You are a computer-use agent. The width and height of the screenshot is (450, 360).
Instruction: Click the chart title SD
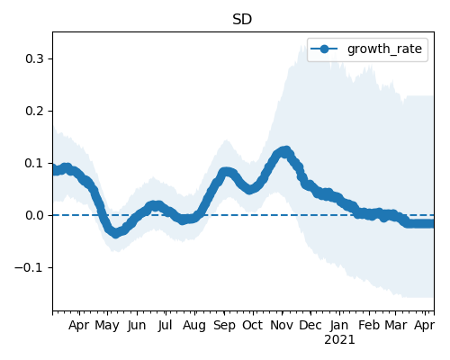[x=242, y=20]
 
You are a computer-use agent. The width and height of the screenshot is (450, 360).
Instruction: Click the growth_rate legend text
[x=384, y=49]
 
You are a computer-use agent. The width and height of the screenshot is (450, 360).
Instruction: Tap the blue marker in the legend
[x=324, y=49]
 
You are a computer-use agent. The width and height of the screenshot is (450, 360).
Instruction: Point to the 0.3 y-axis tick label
[x=34, y=58]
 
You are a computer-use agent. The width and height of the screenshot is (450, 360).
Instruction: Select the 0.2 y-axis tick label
[x=34, y=111]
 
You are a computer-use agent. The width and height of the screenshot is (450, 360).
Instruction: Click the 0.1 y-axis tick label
[x=34, y=163]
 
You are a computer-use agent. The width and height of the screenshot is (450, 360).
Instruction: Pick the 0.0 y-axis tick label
[x=34, y=215]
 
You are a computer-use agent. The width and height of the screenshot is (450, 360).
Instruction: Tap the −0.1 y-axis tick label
[x=29, y=267]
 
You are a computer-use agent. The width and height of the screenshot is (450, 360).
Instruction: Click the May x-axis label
[x=107, y=326]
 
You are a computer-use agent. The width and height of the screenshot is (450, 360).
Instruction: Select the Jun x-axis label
[x=137, y=326]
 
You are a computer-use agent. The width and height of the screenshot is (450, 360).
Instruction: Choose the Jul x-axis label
[x=166, y=326]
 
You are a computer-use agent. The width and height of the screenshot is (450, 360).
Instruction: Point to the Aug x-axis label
[x=194, y=326]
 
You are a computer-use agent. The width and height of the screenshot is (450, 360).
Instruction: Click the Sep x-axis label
[x=224, y=326]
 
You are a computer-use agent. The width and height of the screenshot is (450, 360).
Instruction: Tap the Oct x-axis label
[x=253, y=325]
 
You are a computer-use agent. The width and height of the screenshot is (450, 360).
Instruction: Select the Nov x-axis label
[x=282, y=325]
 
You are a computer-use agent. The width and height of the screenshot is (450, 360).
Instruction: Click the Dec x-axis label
[x=310, y=325]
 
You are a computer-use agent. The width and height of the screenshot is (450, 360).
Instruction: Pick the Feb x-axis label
[x=369, y=325]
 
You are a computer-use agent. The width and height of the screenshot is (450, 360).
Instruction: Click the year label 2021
[x=339, y=340]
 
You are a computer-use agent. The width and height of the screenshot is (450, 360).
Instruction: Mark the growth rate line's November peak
[x=285, y=151]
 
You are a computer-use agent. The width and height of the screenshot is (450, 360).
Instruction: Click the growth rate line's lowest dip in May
[x=116, y=233]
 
